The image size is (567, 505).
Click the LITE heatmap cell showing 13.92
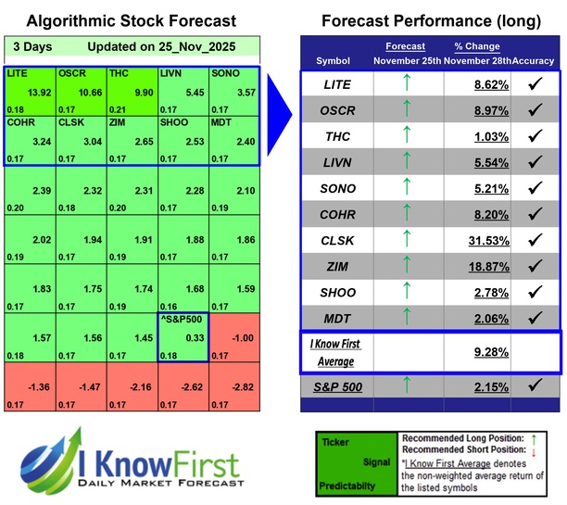(x=30, y=90)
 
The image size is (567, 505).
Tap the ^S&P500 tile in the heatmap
(x=183, y=336)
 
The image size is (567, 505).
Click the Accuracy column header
(x=535, y=60)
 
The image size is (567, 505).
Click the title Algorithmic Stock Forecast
(x=131, y=20)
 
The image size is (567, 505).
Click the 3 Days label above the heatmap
(x=32, y=46)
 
